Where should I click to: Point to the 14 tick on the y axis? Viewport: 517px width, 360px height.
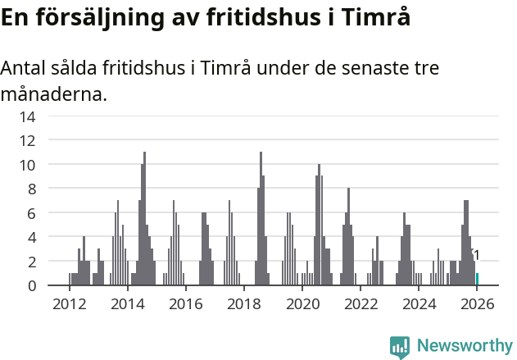pyautogui.click(x=27, y=116)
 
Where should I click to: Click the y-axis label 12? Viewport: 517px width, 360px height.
pyautogui.click(x=27, y=140)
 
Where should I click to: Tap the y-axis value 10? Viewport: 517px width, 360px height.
pyautogui.click(x=27, y=165)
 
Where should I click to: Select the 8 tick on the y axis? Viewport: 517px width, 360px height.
pyautogui.click(x=31, y=189)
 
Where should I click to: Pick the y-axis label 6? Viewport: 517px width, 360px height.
pyautogui.click(x=31, y=213)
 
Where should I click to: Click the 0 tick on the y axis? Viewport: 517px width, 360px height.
pyautogui.click(x=31, y=285)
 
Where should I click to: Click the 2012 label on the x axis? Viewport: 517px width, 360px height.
pyautogui.click(x=69, y=304)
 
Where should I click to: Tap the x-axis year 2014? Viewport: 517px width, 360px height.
pyautogui.click(x=127, y=304)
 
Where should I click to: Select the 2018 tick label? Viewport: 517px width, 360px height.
pyautogui.click(x=244, y=304)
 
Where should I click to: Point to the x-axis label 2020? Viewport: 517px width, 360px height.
pyautogui.click(x=302, y=304)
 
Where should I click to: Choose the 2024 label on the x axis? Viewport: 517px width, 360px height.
pyautogui.click(x=419, y=304)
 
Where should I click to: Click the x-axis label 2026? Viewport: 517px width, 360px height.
pyautogui.click(x=478, y=304)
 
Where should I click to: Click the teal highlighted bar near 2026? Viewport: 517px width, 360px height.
pyautogui.click(x=478, y=280)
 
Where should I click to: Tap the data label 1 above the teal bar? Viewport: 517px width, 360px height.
pyautogui.click(x=476, y=255)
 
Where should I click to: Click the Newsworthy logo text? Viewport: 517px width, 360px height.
pyautogui.click(x=464, y=346)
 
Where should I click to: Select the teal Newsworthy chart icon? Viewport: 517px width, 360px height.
pyautogui.click(x=400, y=347)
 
